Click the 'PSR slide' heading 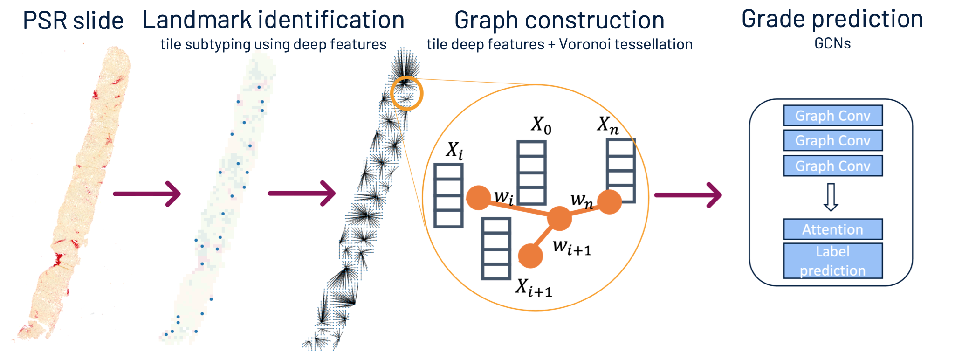click(73, 21)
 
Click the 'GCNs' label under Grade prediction click(832, 43)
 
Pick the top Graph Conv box click(832, 116)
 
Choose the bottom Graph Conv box click(832, 166)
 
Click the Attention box click(832, 229)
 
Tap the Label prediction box click(832, 261)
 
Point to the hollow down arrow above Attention click(831, 197)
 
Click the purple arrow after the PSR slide click(147, 194)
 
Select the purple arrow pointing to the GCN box click(688, 195)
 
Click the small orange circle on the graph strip click(406, 93)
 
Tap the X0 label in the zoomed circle click(541, 125)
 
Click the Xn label click(608, 125)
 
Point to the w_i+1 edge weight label click(572, 247)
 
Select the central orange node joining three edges click(559, 218)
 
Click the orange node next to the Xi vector click(479, 198)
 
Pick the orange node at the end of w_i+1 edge click(530, 256)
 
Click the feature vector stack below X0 click(531, 173)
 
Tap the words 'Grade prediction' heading click(832, 20)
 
